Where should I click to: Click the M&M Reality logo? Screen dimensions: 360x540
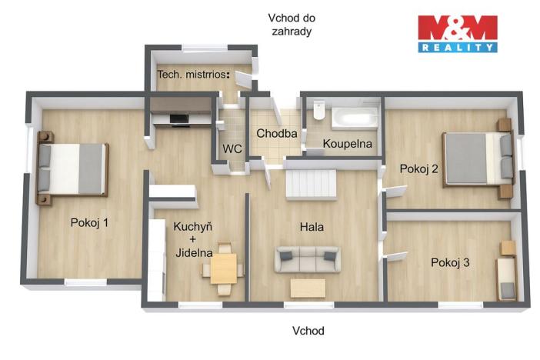coord(457,34)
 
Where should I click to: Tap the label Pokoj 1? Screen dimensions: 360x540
coord(89,223)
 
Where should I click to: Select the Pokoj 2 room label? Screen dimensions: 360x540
coord(419,169)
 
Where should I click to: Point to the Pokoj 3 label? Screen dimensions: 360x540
coord(450,263)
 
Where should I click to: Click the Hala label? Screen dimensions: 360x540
coord(312,227)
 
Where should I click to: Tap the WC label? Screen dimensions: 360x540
coord(232,148)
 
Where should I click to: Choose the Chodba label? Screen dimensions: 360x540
coord(277,133)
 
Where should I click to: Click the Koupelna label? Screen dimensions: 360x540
coord(348,144)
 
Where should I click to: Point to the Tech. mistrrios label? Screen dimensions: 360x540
coord(194,75)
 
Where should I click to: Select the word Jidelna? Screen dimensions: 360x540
coord(192,252)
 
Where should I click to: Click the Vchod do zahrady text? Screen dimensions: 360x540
coord(292,25)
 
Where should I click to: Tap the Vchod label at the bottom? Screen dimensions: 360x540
coord(308,332)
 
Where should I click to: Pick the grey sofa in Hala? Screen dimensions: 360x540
coord(308,259)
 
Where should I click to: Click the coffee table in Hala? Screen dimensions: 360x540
coord(308,287)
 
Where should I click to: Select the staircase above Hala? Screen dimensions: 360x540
coord(311,185)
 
